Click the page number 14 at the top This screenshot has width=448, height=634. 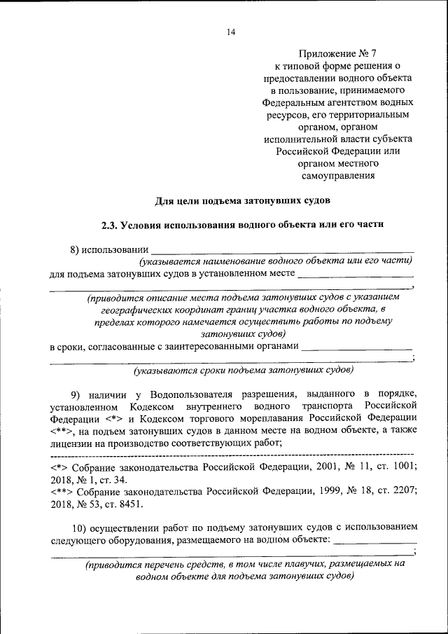[x=232, y=32]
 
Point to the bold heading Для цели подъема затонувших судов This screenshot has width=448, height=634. [x=241, y=201]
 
